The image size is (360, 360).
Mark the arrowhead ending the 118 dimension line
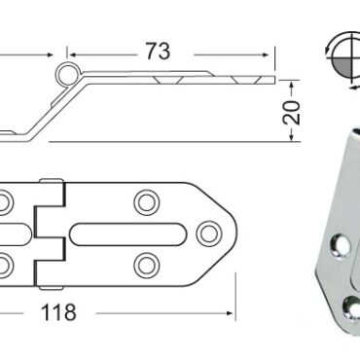tap(230, 314)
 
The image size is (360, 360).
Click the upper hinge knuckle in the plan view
tap(47, 196)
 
